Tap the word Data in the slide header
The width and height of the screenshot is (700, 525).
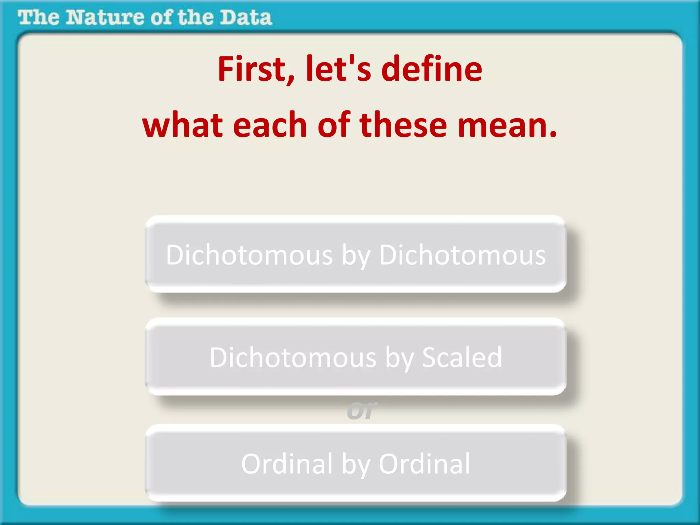point(245,17)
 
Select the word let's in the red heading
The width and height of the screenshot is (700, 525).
point(338,69)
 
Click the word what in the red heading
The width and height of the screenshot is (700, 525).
point(183,125)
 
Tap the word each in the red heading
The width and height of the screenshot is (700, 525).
point(270,125)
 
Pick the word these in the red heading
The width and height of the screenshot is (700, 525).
point(403,125)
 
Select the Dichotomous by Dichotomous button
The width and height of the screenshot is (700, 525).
point(355,255)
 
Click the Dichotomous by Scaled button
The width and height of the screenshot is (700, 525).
point(355,358)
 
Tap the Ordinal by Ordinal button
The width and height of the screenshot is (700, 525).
point(355,464)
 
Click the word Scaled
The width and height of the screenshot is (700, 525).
point(462,358)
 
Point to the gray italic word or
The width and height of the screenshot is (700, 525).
point(362,410)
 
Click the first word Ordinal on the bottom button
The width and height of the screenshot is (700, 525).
point(287,464)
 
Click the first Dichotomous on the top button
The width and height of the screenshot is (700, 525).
point(249,255)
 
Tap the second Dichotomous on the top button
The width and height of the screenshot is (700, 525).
point(462,255)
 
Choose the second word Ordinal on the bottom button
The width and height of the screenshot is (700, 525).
point(425,464)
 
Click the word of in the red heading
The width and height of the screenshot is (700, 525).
point(334,125)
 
